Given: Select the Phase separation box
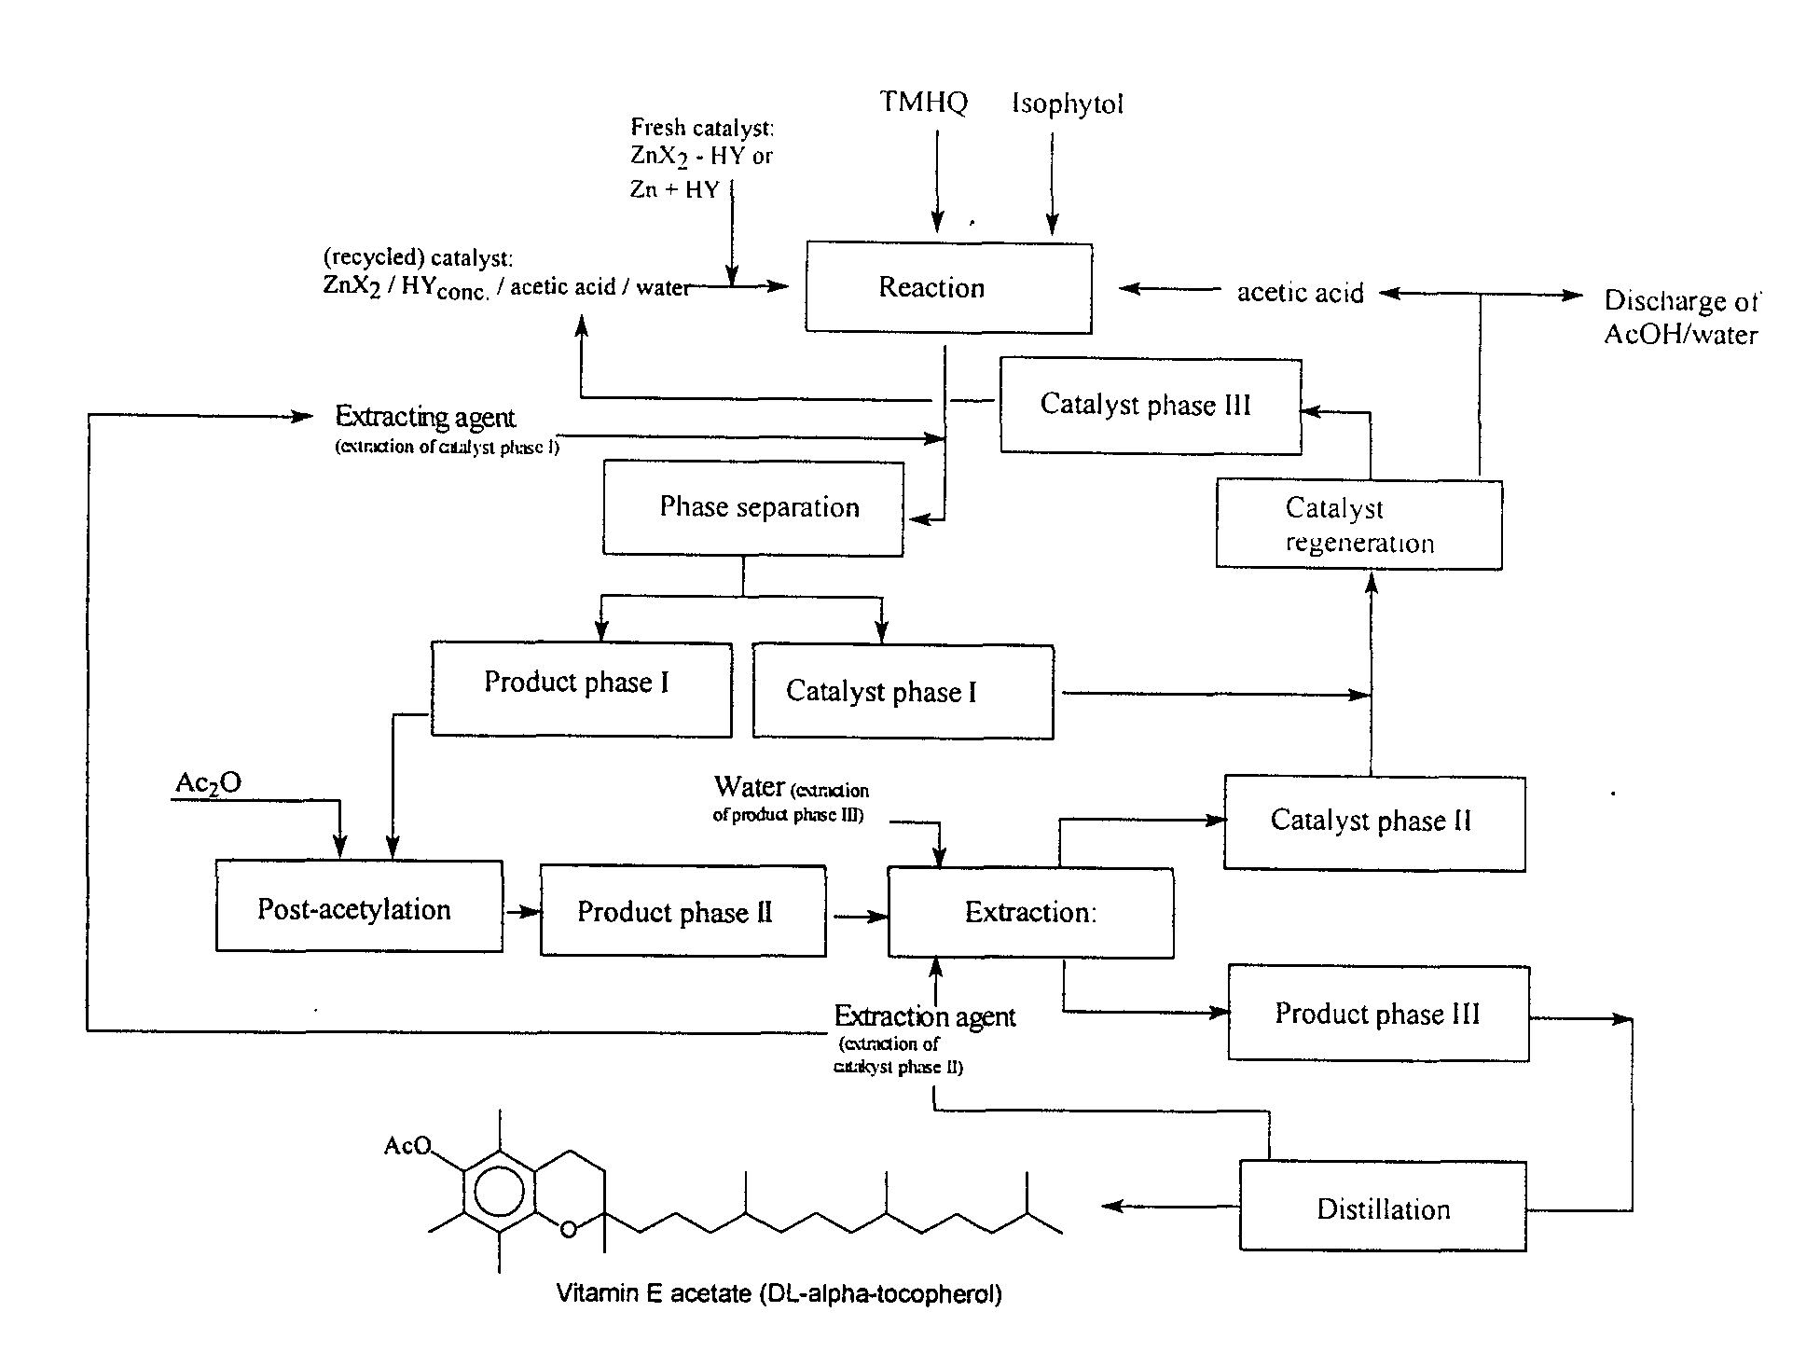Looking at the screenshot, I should point(753,508).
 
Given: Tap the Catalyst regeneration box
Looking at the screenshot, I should point(1358,525).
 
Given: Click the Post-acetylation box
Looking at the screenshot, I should point(359,908).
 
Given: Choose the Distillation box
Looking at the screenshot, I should point(1383,1208).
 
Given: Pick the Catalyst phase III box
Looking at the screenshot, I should point(1151,406).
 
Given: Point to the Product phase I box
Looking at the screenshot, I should point(581,689).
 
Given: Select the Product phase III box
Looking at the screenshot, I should point(1378,1014).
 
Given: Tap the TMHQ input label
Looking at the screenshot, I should point(924,102).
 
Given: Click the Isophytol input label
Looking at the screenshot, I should point(1068,104).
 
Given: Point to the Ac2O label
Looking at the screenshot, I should point(209,783).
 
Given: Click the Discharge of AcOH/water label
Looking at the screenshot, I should point(1680,318).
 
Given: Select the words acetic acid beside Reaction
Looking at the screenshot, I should point(1300,293).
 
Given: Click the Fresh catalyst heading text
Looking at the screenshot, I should point(702,127).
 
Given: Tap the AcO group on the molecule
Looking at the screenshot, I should point(407,1145).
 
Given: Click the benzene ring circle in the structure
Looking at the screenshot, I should point(499,1191).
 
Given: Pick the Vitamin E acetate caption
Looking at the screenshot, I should point(779,1294).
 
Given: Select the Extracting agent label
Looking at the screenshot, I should point(425,417).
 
